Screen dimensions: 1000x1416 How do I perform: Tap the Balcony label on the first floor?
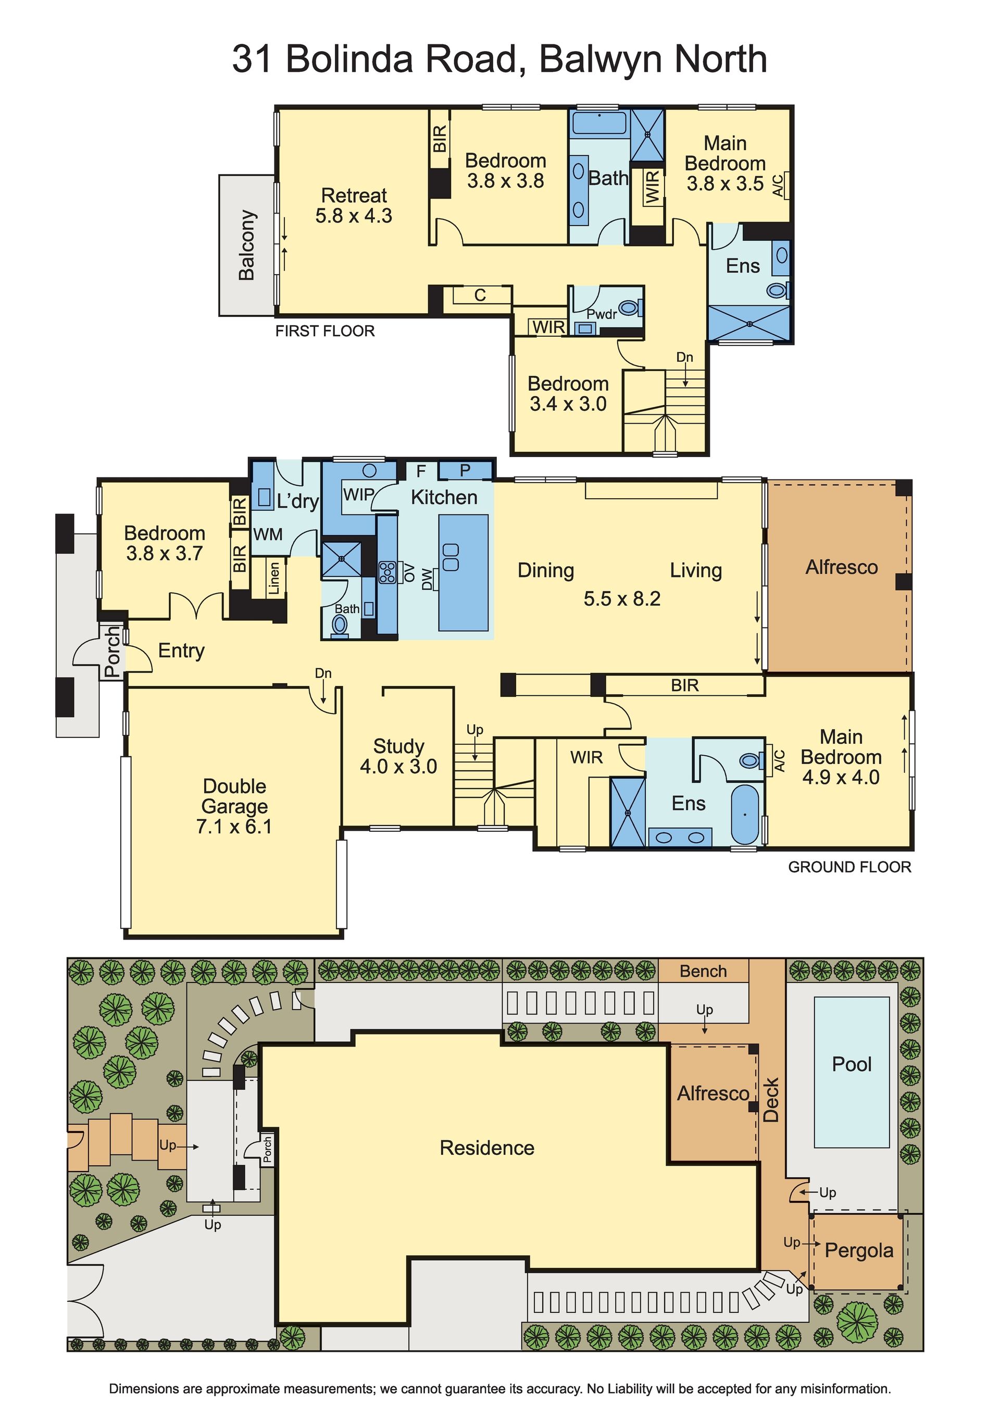(246, 245)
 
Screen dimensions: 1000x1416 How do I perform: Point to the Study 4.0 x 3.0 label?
(398, 756)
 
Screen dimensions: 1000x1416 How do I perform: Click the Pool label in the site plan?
(852, 1064)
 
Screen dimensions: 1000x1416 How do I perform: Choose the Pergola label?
(859, 1250)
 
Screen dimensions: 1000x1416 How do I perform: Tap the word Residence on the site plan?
(487, 1148)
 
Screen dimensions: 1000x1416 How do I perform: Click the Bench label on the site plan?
(703, 971)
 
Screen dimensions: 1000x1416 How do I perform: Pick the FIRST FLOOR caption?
(325, 331)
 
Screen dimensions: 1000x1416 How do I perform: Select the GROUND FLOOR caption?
(849, 867)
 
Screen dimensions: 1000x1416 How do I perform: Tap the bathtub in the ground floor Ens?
(745, 814)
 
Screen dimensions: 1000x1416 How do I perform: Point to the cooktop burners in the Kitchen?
(387, 572)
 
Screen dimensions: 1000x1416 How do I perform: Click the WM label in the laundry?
(268, 534)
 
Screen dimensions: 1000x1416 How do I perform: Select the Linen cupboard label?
(274, 578)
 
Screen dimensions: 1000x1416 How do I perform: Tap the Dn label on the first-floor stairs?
(684, 357)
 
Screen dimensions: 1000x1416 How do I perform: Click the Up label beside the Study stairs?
(474, 730)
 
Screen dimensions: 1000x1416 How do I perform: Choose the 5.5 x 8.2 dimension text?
(622, 598)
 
